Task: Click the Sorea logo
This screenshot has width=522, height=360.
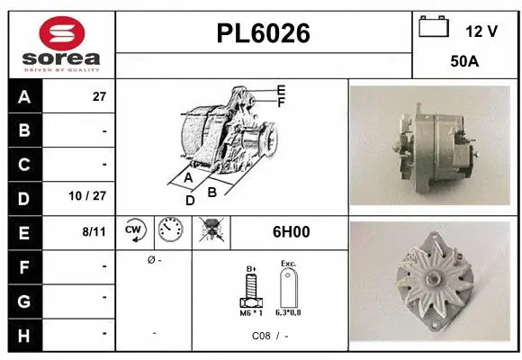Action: (61, 43)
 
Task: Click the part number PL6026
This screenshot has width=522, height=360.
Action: (263, 33)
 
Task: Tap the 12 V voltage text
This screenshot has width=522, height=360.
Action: (481, 31)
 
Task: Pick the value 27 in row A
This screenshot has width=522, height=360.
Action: (99, 97)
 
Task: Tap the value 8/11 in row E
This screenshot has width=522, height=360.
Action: (94, 231)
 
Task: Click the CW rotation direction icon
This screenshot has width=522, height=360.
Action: (134, 231)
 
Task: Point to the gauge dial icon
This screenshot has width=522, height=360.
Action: (170, 231)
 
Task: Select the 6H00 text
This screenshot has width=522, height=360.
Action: (291, 231)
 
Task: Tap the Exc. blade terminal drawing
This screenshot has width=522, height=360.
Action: (288, 289)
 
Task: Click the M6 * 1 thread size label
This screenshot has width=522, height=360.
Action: (251, 312)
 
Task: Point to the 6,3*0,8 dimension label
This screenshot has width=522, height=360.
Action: (289, 312)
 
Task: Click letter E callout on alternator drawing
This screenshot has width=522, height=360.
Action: (281, 90)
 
